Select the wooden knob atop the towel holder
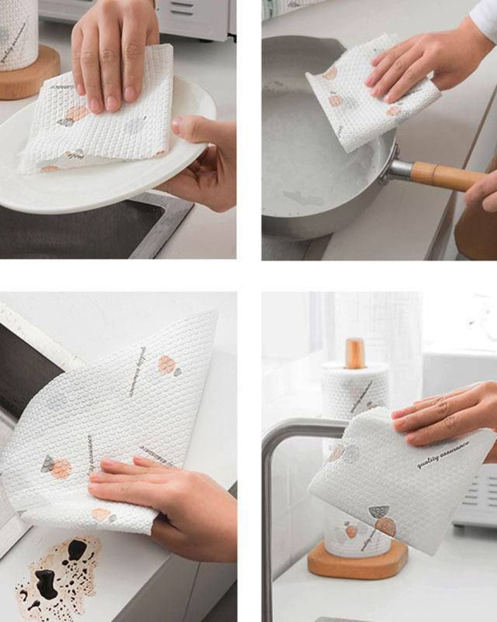coord(355,353)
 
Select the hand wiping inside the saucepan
coord(422,64)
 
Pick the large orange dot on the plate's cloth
coord(78,113)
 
